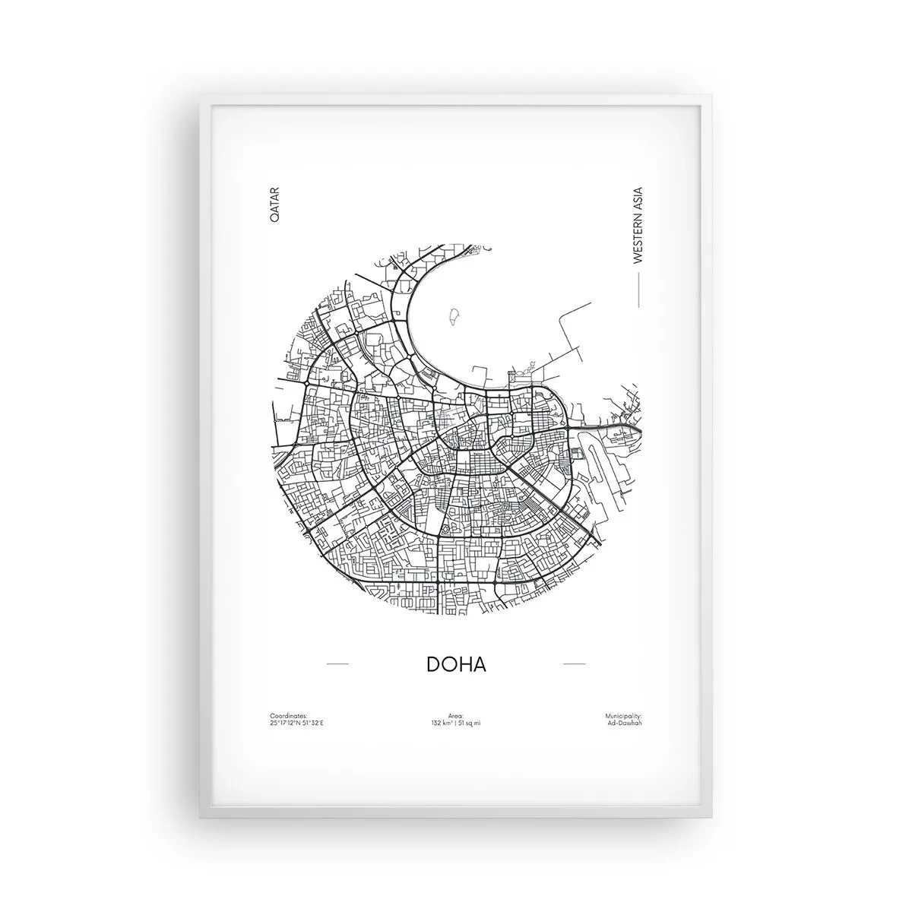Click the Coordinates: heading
pyautogui.click(x=288, y=715)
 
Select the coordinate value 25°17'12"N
pyautogui.click(x=283, y=722)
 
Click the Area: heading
pyautogui.click(x=456, y=715)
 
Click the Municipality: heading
pyautogui.click(x=624, y=715)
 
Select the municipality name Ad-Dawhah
pyautogui.click(x=625, y=722)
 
